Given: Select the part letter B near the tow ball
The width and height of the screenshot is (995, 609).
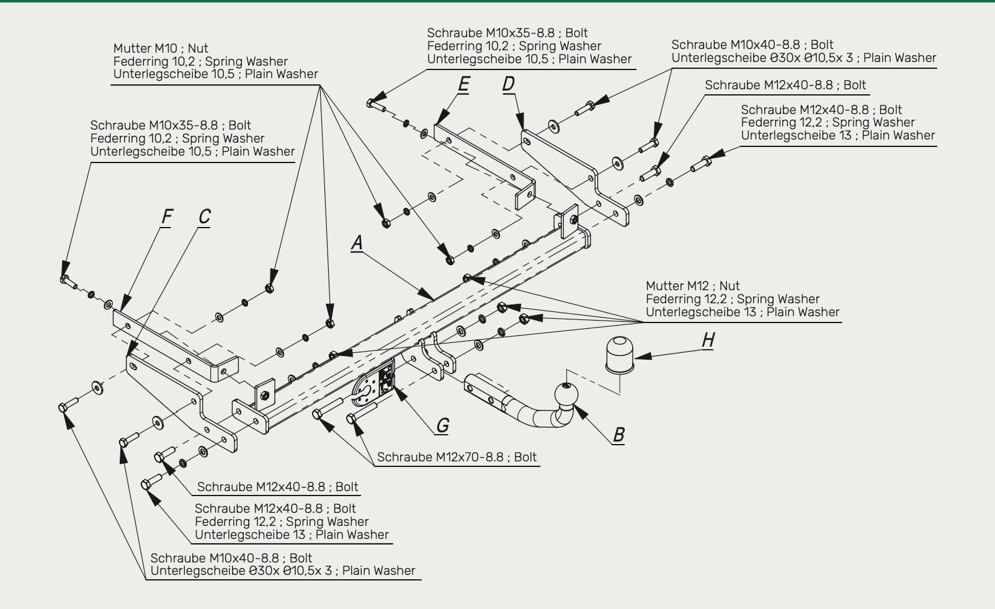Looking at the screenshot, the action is [618, 434].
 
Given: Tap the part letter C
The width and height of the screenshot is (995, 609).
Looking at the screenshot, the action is [204, 216].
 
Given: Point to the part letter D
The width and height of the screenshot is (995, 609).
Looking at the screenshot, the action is [509, 83].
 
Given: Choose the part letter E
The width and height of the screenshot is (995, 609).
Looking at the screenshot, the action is [464, 84].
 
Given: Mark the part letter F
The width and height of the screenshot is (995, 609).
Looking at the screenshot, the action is [167, 216].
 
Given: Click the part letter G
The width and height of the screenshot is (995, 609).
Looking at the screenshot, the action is [443, 425].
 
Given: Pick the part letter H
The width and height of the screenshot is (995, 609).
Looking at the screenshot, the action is [708, 340].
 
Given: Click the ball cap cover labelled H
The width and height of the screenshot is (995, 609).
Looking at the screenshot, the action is [620, 355].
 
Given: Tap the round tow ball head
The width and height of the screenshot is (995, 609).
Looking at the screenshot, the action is [566, 394].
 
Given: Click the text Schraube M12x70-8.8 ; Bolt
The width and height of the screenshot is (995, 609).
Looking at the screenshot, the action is [457, 457].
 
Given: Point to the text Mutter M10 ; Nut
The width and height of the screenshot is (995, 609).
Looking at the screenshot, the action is [161, 48].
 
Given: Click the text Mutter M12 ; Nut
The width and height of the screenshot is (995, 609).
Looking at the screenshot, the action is [692, 286].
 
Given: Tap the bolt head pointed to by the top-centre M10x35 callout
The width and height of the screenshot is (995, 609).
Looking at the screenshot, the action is [371, 104].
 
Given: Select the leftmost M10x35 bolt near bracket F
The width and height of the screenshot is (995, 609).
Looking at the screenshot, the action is [68, 281].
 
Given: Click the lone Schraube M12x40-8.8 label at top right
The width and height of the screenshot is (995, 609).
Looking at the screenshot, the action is [785, 85].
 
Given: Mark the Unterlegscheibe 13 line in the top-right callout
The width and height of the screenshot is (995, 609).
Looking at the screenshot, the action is [838, 135].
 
